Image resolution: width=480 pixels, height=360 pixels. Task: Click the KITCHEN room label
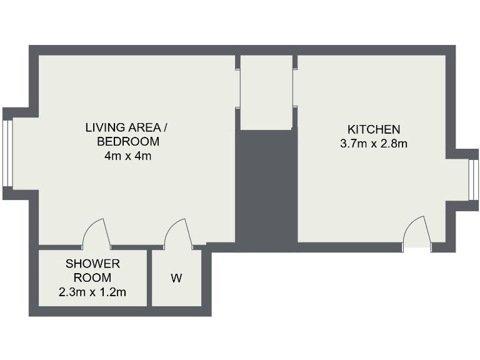pyautogui.click(x=373, y=129)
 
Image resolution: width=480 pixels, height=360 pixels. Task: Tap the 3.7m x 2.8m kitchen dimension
pyautogui.click(x=373, y=144)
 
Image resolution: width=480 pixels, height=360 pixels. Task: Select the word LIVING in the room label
pyautogui.click(x=104, y=128)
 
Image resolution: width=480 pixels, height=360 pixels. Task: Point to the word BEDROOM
pyautogui.click(x=128, y=142)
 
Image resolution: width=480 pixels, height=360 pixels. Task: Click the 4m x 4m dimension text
pyautogui.click(x=128, y=156)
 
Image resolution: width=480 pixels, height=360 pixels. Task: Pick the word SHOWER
pyautogui.click(x=92, y=264)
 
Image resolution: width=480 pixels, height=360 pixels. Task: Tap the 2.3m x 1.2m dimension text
pyautogui.click(x=92, y=292)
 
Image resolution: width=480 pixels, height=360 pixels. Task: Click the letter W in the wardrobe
pyautogui.click(x=177, y=279)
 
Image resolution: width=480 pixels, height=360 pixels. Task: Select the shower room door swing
pyautogui.click(x=96, y=232)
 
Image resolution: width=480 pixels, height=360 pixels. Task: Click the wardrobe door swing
pyautogui.click(x=177, y=232)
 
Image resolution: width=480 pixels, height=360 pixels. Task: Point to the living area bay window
pyautogui.click(x=7, y=153)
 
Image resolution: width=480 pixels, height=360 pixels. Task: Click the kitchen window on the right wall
pyautogui.click(x=472, y=180)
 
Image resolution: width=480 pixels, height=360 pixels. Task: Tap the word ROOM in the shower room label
pyautogui.click(x=92, y=277)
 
